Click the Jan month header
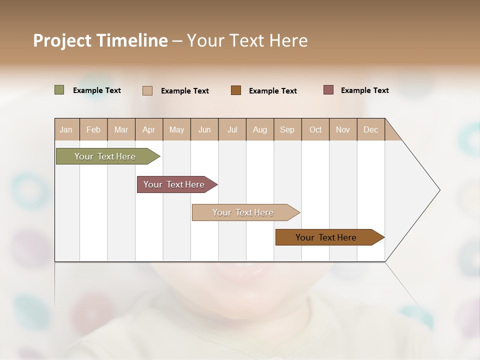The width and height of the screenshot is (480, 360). (66, 129)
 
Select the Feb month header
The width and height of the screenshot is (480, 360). (93, 129)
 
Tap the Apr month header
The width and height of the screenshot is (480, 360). (149, 129)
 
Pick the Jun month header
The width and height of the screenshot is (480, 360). (204, 129)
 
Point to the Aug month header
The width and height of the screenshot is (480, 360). (260, 129)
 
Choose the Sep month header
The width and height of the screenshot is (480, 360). (287, 129)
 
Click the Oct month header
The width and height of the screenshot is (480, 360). (315, 129)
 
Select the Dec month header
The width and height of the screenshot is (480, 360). (371, 129)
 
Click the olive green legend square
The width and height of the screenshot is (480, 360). (59, 90)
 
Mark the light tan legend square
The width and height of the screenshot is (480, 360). (147, 90)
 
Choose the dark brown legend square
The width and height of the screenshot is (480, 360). (236, 90)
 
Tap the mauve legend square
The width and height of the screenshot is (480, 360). (328, 90)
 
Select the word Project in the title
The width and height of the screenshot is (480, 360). (62, 40)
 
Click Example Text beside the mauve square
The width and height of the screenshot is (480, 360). (364, 90)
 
